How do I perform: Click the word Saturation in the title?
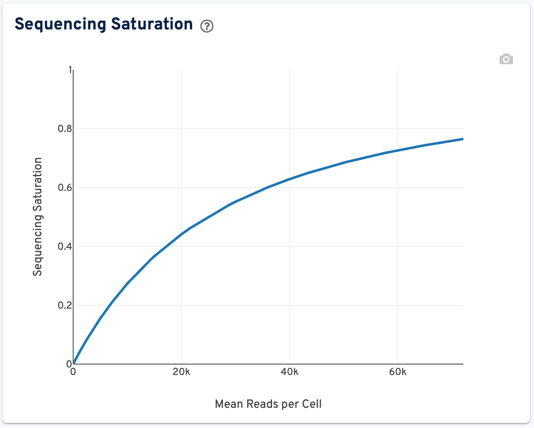click(152, 24)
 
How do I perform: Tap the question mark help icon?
click(207, 26)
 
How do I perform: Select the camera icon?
click(506, 59)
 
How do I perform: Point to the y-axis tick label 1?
click(70, 70)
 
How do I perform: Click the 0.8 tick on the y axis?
click(65, 129)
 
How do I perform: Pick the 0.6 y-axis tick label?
click(65, 188)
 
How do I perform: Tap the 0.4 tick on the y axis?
click(65, 246)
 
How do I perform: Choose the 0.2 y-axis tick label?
click(65, 305)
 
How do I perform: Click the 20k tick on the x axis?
click(181, 372)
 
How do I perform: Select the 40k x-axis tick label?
click(290, 372)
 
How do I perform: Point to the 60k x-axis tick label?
click(398, 372)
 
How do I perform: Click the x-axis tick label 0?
click(73, 372)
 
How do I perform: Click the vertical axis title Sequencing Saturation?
click(38, 217)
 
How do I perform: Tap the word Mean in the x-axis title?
click(229, 404)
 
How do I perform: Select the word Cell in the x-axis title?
click(312, 404)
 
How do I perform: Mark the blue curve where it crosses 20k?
click(181, 234)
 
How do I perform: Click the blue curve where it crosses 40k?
click(290, 179)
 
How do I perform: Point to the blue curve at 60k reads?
click(398, 150)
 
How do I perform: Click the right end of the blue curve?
click(463, 139)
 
